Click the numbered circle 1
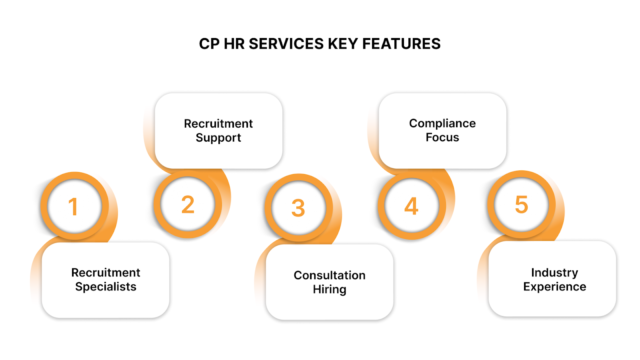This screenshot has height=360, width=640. [x=73, y=208]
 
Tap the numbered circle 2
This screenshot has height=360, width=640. [x=187, y=204]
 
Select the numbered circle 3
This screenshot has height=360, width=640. [x=298, y=208]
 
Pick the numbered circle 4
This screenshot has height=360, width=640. [x=411, y=206]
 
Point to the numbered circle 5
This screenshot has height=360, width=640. [x=521, y=204]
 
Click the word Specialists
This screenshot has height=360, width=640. [x=105, y=287]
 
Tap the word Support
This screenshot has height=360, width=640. [x=218, y=138]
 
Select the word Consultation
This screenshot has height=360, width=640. [x=329, y=275]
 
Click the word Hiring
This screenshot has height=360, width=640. [x=329, y=290]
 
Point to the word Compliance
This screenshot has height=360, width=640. [x=441, y=123]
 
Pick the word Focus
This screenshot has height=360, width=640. [x=441, y=138]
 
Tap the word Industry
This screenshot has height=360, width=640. [x=552, y=272]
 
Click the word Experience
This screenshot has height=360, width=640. [x=552, y=287]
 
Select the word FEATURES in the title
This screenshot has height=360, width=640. [x=405, y=44]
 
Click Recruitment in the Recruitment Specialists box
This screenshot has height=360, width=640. [x=105, y=272]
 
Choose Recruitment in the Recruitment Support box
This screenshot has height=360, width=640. [x=218, y=123]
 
